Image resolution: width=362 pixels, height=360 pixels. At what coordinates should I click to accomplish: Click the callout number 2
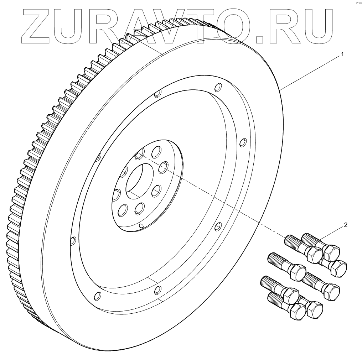click(x=345, y=225)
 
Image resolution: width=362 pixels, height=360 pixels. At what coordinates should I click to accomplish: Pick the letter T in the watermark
click(x=221, y=24)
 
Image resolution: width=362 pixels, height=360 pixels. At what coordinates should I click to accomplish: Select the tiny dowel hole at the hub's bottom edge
click(x=141, y=225)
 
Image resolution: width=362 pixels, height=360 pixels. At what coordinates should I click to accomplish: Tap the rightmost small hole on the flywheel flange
click(x=243, y=142)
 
